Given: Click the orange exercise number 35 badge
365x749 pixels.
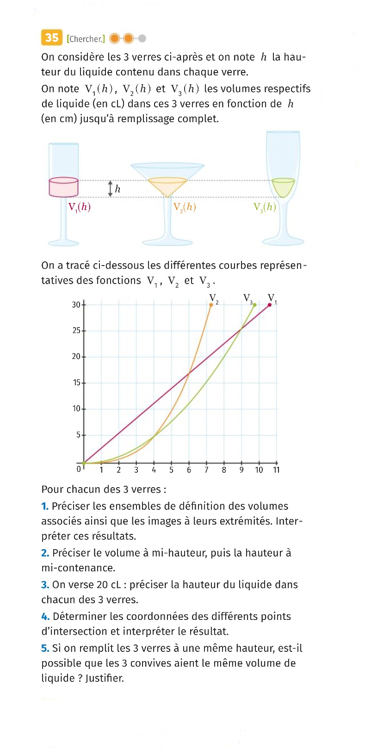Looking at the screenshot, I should [51, 37].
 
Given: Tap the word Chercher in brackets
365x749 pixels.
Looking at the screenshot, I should [86, 39].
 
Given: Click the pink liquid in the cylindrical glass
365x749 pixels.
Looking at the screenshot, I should [64, 187].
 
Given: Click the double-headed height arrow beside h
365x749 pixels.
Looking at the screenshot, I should [110, 189].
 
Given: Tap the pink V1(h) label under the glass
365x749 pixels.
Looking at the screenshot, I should [79, 207].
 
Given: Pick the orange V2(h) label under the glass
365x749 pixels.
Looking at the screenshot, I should [185, 207].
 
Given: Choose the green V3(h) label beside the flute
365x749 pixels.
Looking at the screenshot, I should [265, 207].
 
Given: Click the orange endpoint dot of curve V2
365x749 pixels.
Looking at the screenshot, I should [211, 304].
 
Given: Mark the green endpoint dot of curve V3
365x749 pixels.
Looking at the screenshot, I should [254, 304].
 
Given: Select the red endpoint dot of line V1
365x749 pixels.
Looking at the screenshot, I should [270, 304].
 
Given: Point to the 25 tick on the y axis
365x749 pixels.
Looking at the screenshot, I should [76, 331].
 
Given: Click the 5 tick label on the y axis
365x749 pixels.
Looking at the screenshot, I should [78, 435].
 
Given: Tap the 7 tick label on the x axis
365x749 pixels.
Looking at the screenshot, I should [206, 470].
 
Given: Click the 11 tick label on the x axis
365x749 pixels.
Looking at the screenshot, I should [276, 470].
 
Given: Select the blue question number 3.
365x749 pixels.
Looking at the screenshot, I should [45, 585].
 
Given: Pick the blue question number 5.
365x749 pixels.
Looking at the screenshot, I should [45, 648].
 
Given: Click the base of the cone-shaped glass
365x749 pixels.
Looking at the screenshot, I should [167, 241].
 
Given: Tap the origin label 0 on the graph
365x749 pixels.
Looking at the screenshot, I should [79, 469].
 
